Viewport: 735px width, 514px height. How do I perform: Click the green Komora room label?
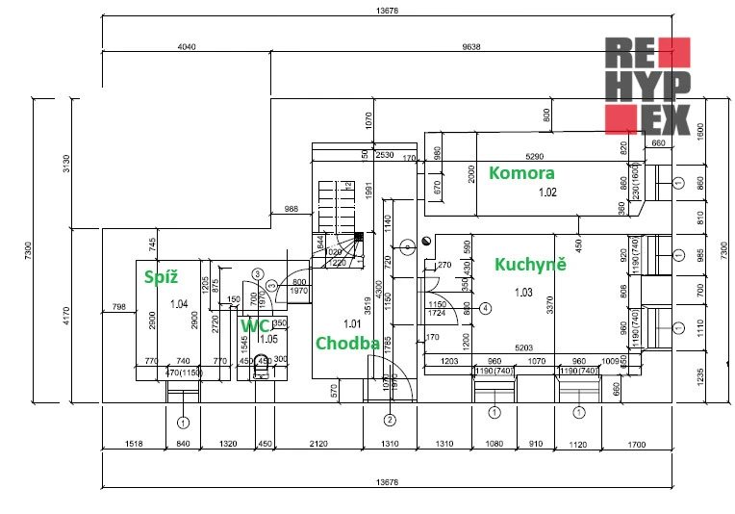tap(521, 173)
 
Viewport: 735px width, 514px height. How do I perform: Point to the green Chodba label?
tap(342, 344)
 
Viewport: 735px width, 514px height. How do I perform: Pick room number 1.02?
tap(547, 192)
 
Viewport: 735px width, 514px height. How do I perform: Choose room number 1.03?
tap(523, 292)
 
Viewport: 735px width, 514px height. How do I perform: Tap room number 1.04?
tap(178, 304)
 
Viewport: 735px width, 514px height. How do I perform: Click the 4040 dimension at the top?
tap(188, 46)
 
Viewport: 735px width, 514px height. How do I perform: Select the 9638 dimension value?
tap(471, 46)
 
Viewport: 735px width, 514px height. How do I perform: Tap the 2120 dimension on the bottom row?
tap(318, 444)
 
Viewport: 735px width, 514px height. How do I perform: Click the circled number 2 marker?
tap(390, 420)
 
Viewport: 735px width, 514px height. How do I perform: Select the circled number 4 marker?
tap(486, 308)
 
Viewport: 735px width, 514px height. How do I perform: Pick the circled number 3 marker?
tap(272, 285)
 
